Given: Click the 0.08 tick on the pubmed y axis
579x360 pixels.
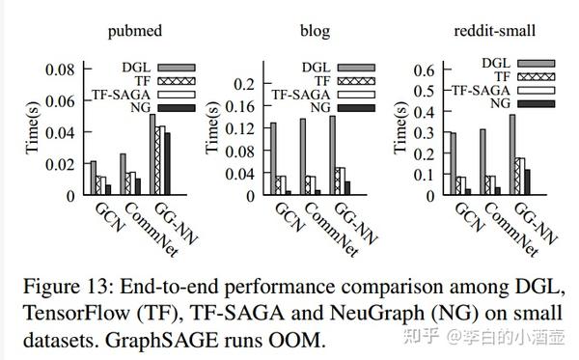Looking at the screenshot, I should coord(62,69).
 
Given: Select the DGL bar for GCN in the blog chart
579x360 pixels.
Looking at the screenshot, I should coord(273,158).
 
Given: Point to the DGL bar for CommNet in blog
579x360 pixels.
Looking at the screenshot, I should coord(303,156).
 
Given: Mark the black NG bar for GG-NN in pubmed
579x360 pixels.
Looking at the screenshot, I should coord(167,163).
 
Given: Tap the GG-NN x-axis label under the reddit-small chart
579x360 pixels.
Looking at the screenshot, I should coord(533,221).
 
